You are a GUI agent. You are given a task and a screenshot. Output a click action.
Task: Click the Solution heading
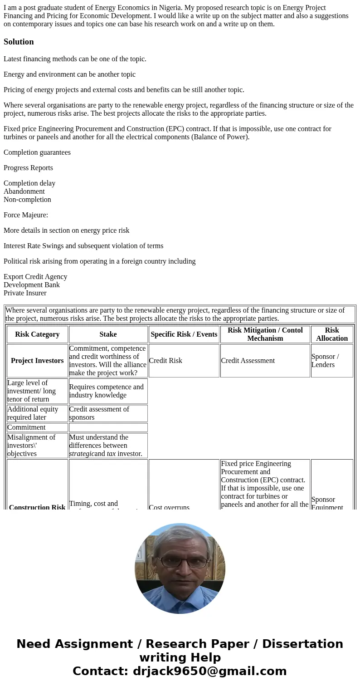pos(19,42)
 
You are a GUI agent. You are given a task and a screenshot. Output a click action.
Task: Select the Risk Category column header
pos(37,334)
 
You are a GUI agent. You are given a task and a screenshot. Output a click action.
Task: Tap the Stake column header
pos(108,334)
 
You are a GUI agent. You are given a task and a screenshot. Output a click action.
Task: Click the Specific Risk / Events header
pos(184,334)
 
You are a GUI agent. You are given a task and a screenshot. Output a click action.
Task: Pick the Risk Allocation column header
pos(332,334)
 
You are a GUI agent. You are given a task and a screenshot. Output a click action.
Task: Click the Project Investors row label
pos(37,361)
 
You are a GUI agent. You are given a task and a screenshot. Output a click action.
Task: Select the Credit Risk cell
pos(165,361)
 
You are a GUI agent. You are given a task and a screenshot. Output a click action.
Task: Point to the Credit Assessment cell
pos(248,361)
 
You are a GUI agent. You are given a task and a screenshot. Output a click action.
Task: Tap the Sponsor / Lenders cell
pos(325,361)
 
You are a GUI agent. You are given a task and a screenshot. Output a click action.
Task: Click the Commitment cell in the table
pos(26,427)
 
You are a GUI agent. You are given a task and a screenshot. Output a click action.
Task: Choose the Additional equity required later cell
pos(33,413)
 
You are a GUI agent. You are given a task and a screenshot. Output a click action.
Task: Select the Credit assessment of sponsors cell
pos(99,413)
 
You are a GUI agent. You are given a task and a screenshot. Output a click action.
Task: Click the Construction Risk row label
pos(37,507)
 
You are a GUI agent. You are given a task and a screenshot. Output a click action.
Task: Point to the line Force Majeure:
pos(26,215)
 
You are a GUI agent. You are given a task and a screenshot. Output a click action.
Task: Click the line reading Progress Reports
pos(28,168)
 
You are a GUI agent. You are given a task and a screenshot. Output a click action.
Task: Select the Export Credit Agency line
pos(35,277)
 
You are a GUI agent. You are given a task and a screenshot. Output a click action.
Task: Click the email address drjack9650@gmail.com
pos(209,671)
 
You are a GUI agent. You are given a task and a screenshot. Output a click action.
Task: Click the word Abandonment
pos(24,191)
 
